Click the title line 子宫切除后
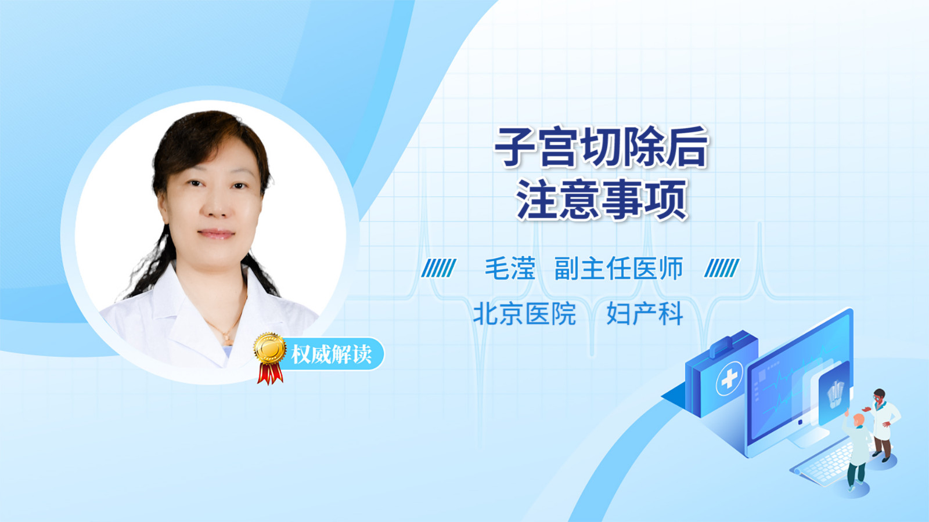pos(601,147)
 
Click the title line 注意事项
pos(602,200)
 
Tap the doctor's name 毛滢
pos(510,269)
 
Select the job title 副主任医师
pos(618,269)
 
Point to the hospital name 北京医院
pos(524,314)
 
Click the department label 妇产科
pos(644,314)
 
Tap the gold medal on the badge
pos(270,349)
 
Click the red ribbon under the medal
pos(270,373)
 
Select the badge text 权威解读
pos(331,354)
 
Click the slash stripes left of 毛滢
pos(438,268)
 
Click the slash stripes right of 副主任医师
pos(722,268)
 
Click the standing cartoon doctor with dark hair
pos(882,425)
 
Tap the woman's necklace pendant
pos(227,340)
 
